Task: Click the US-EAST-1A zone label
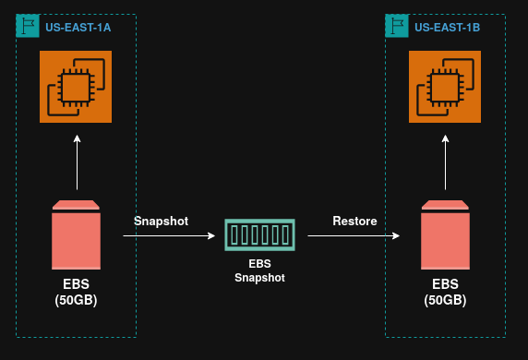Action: point(78,28)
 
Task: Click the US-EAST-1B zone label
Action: point(447,28)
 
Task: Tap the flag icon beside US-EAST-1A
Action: point(28,26)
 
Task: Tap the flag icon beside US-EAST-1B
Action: point(397,26)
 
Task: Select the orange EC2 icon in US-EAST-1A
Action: point(76,87)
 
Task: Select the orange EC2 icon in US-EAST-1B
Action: point(445,87)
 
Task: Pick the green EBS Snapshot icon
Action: point(259,234)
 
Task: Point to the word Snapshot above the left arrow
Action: point(161,221)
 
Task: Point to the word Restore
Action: point(354,221)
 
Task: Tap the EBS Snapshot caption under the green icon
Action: point(259,270)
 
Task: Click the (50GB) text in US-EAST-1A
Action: point(76,301)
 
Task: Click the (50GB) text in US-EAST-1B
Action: point(445,301)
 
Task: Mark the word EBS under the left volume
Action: point(76,284)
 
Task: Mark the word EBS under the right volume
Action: point(445,284)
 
